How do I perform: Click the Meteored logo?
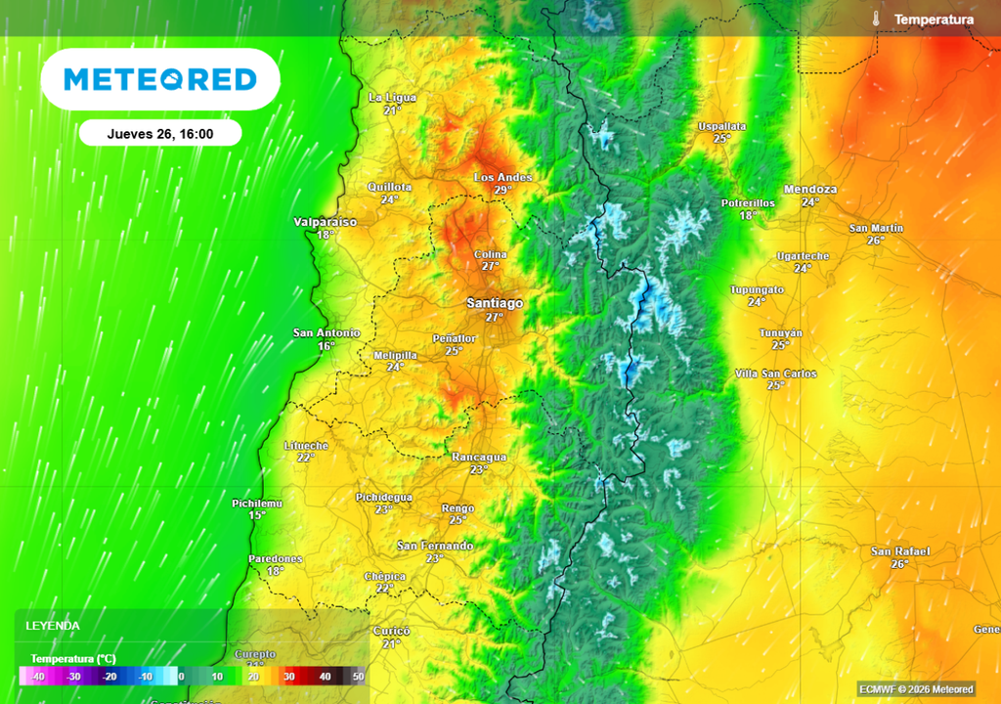160,79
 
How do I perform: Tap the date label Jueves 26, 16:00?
160,133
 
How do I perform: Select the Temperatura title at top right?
934,20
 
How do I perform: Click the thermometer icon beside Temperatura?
877,19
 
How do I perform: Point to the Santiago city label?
495,303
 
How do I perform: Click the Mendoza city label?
810,189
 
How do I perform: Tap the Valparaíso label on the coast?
326,222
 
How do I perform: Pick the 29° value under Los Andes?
502,190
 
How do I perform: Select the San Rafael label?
900,551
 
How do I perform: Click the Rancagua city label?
479,457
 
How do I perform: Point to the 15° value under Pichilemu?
257,515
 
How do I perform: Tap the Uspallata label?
721,126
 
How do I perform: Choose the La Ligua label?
392,98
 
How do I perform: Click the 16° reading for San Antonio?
326,346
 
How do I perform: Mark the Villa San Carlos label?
775,374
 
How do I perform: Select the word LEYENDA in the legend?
53,626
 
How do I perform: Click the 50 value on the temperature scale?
358,676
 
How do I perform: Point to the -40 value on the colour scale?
37,676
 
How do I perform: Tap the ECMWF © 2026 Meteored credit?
916,689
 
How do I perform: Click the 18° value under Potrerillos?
748,215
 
